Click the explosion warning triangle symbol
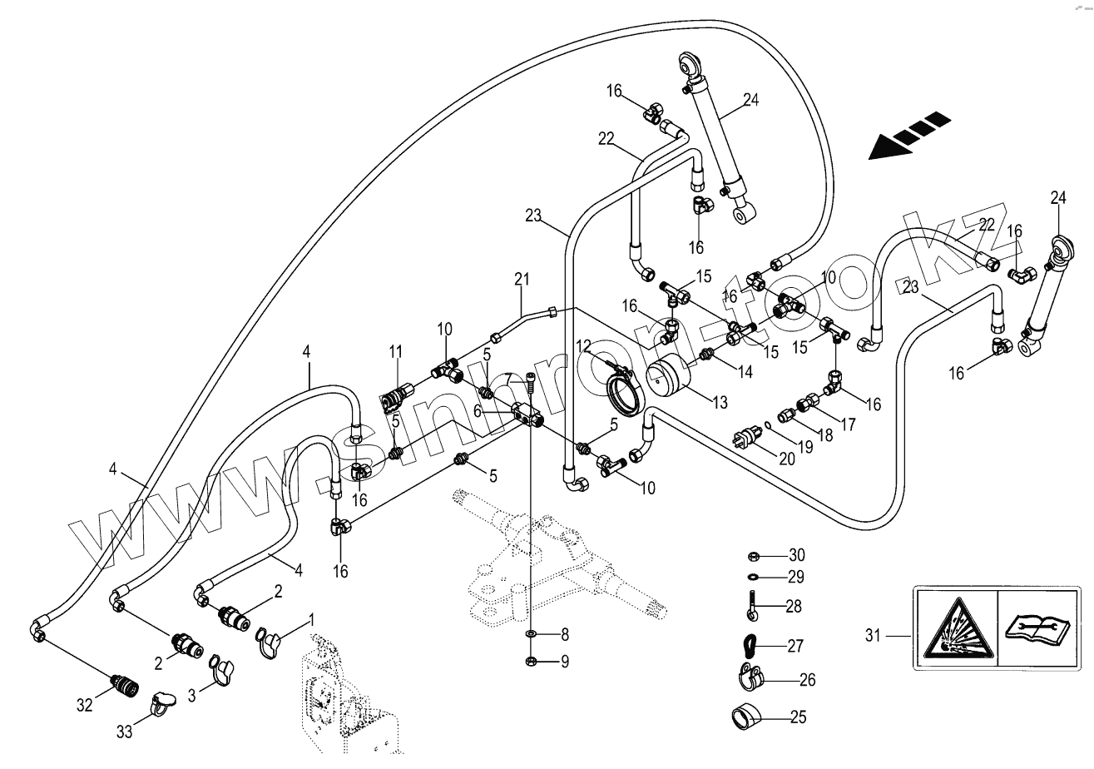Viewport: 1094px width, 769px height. point(956,626)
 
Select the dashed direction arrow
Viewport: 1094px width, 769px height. point(908,136)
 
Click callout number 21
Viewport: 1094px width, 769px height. point(521,278)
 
